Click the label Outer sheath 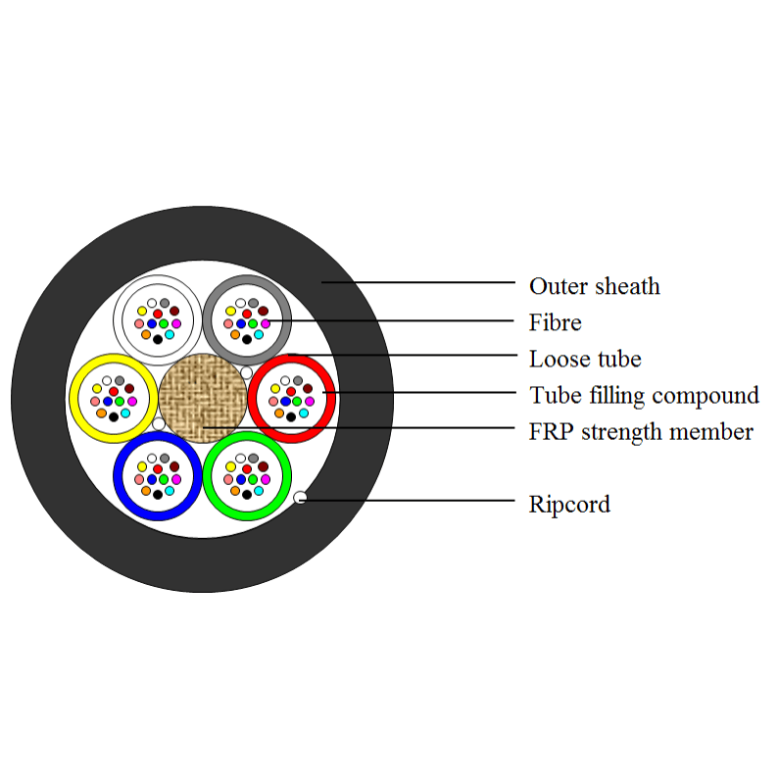tap(594, 286)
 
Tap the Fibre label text tap(556, 322)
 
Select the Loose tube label tap(585, 359)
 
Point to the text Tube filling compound tap(644, 395)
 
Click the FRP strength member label tap(641, 431)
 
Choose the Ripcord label tap(569, 505)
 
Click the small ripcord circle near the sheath tap(301, 498)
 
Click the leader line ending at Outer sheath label tap(421, 282)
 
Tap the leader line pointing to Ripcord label tap(412, 500)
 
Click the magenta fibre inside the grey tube tap(265, 323)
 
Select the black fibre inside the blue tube tap(158, 496)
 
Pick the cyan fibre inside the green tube tap(259, 490)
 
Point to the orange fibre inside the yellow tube tap(101, 413)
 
